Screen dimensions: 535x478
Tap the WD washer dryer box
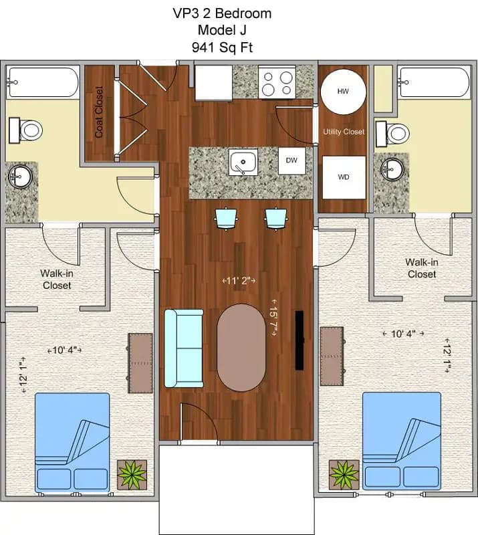343,177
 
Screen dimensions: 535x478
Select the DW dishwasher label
291,160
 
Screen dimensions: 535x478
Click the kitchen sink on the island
243,163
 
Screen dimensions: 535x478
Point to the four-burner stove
277,83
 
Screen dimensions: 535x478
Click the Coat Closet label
99,112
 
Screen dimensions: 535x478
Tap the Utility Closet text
344,132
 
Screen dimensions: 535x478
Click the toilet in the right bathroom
394,132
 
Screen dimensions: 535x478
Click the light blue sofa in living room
183,348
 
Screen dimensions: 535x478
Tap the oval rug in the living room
241,348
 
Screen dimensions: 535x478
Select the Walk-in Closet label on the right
422,268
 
